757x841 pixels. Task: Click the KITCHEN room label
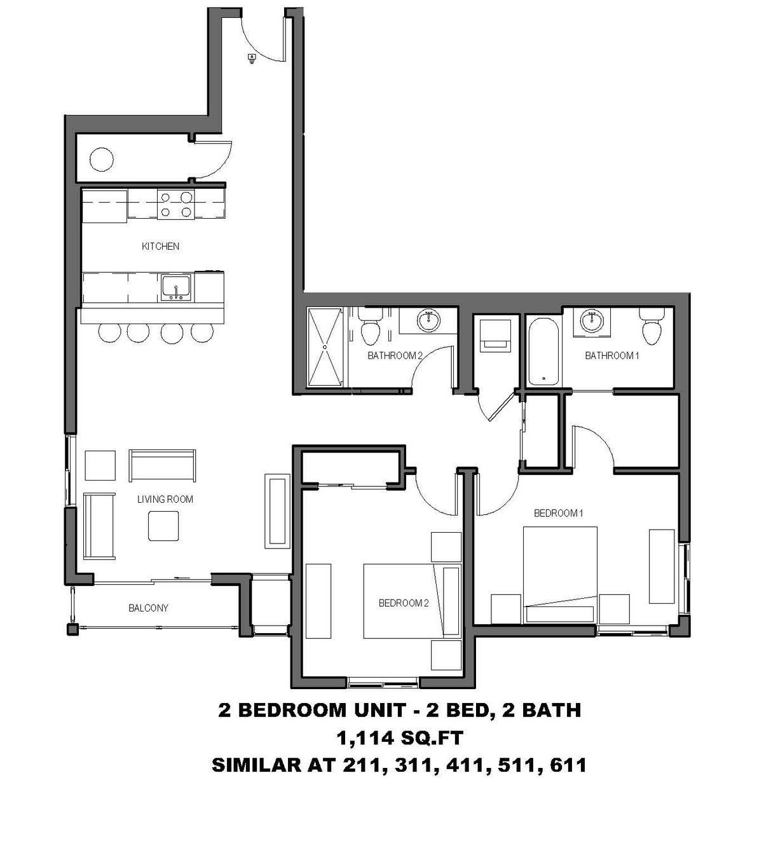160,246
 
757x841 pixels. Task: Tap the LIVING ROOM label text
165,499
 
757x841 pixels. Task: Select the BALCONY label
149,608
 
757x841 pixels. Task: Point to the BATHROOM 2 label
395,355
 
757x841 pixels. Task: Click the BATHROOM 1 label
611,355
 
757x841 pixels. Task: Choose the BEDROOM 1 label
558,513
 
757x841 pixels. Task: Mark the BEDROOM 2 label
404,603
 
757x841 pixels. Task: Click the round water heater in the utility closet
102,158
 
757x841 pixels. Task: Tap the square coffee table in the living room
163,526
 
